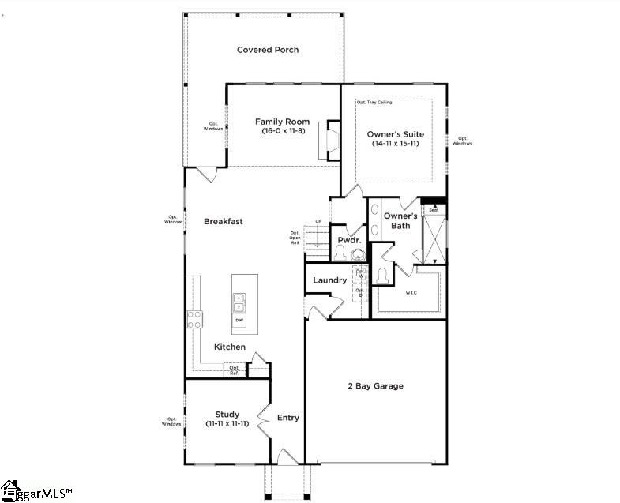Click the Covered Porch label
268,50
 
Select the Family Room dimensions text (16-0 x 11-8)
282,131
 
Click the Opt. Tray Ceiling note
374,103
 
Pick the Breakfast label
223,222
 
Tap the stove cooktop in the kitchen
194,319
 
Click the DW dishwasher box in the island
239,321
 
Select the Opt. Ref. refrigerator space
235,370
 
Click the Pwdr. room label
349,240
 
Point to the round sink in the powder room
359,254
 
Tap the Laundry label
329,280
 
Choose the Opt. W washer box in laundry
360,274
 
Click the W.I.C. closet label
411,293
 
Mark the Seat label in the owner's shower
434,210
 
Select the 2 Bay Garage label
376,386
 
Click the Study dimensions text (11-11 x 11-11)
227,424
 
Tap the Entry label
288,418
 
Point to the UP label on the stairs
318,221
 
